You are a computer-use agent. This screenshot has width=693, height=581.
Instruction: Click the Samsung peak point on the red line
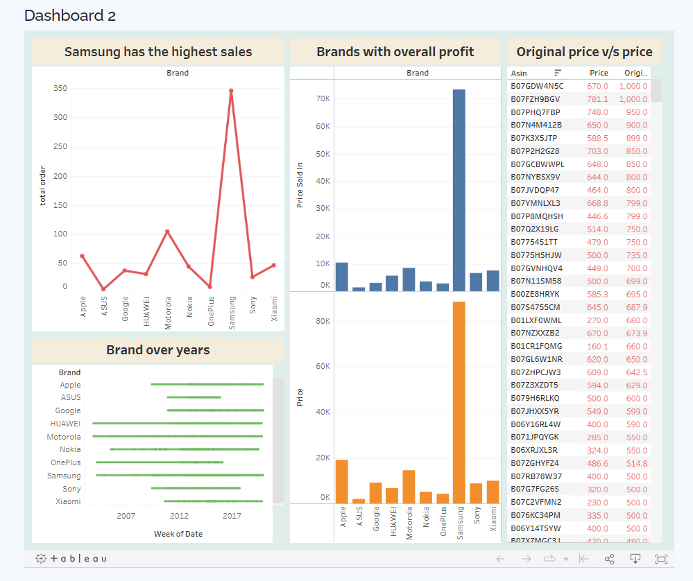(231, 91)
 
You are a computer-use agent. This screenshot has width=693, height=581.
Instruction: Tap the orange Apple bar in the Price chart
(341, 482)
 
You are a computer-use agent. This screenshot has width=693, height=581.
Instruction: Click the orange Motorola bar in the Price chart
(409, 487)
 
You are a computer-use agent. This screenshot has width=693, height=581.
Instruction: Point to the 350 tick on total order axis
(60, 88)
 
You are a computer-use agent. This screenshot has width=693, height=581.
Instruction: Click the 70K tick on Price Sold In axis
(323, 98)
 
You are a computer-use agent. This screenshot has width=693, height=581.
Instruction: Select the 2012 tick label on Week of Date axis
(179, 516)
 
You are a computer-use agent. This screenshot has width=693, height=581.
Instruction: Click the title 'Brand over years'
(157, 350)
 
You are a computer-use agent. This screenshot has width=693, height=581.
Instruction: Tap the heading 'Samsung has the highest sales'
(158, 52)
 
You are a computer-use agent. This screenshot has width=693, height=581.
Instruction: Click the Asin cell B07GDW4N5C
(537, 86)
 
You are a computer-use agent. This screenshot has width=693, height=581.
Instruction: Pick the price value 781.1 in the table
(597, 99)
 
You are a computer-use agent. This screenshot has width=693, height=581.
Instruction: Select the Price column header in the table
(599, 73)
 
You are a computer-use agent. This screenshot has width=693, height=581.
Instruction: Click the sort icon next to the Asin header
(558, 73)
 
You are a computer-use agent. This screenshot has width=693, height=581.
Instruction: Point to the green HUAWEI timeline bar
(178, 423)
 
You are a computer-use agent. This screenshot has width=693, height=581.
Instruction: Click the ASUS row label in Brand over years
(71, 397)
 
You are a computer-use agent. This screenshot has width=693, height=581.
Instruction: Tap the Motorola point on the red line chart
(167, 232)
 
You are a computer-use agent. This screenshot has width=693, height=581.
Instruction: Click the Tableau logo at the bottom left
(71, 558)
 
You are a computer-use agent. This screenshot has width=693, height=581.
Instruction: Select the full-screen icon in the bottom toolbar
(660, 559)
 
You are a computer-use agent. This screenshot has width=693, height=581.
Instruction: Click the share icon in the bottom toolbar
(610, 559)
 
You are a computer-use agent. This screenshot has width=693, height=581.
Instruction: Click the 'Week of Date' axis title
(178, 533)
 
